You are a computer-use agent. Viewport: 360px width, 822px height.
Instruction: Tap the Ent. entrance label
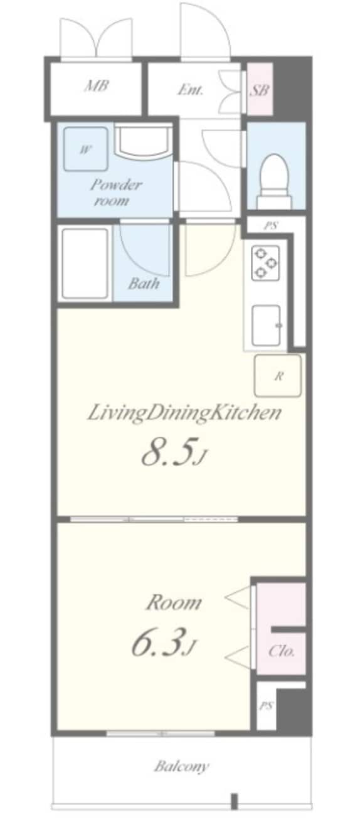190,90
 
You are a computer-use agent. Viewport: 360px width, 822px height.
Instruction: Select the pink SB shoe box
260,89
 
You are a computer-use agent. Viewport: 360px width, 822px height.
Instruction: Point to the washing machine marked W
85,149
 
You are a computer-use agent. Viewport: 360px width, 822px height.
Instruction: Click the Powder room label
115,192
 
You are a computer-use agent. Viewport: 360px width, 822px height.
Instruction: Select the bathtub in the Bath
85,264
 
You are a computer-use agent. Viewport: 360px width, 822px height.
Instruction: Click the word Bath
144,283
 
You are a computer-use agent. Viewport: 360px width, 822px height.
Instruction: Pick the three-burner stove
265,262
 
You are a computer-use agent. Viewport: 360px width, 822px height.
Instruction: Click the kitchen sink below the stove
267,326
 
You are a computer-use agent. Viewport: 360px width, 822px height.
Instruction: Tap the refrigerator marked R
278,376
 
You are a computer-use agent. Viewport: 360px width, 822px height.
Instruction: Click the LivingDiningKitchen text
184,413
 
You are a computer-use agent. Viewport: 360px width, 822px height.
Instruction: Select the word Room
174,603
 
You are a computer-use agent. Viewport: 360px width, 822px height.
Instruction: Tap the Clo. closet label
281,651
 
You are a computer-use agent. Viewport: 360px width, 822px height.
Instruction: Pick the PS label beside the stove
271,226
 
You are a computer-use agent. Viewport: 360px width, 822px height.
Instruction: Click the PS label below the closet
267,706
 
